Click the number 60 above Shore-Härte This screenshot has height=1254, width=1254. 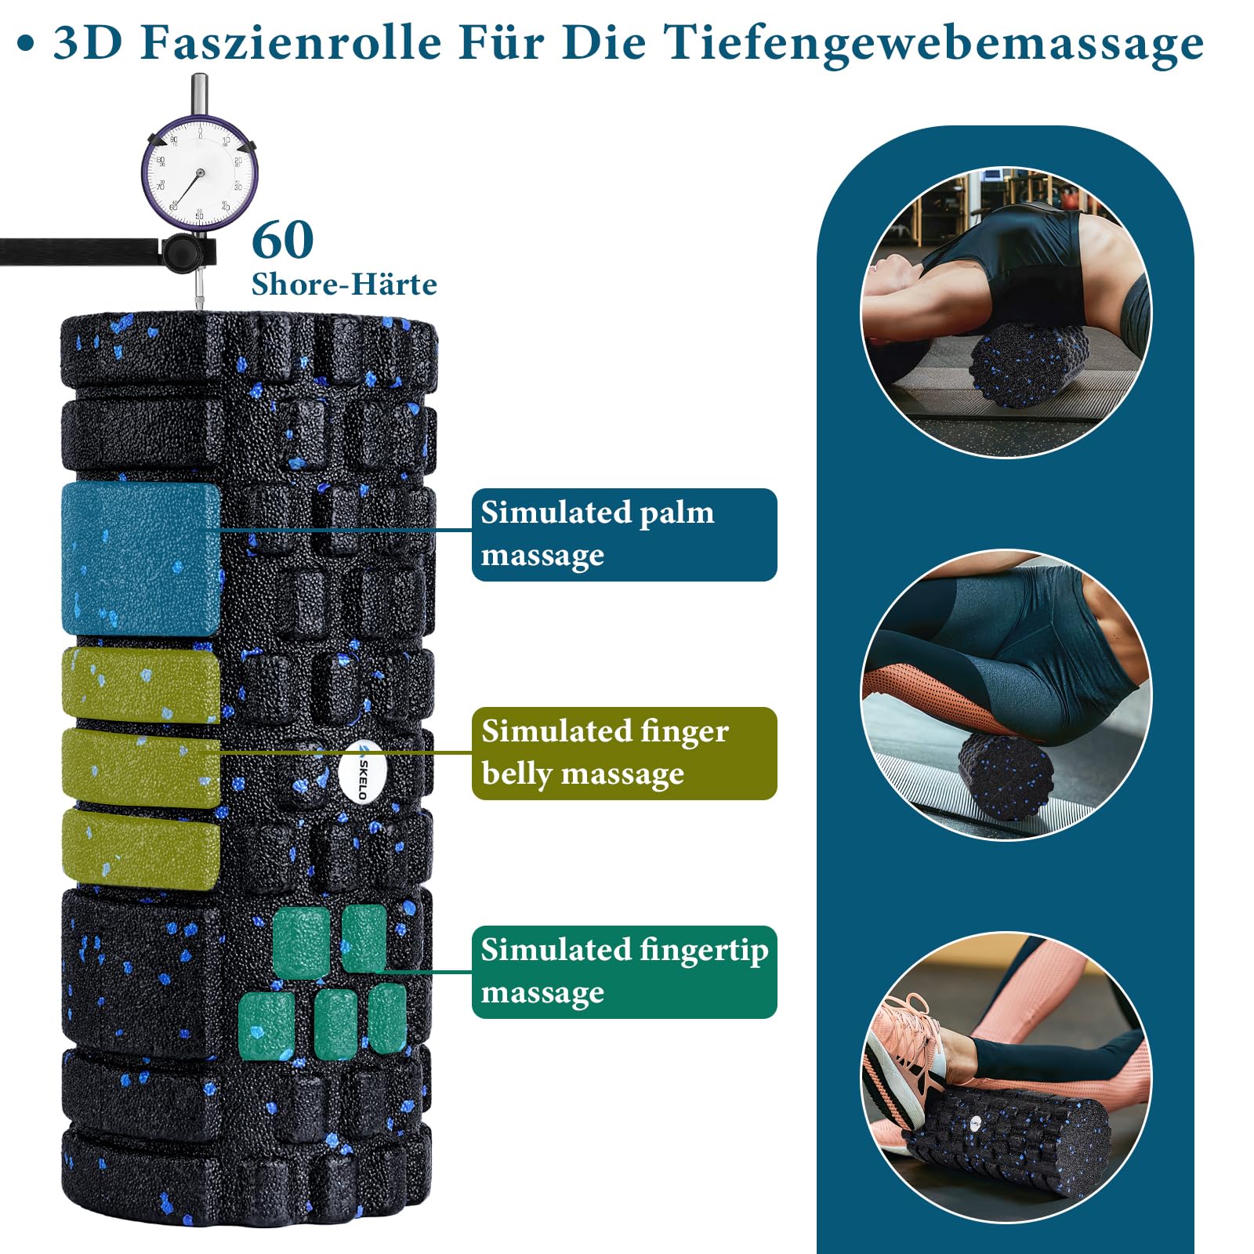[283, 240]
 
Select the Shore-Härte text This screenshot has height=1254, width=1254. [344, 284]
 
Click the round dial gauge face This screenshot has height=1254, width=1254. [199, 172]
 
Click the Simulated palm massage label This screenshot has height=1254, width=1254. [624, 535]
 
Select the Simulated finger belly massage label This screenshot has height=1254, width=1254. [624, 753]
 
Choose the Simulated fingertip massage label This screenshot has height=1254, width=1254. [624, 972]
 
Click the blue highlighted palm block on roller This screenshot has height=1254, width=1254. [141, 559]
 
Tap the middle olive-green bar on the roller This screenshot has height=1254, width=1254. [141, 768]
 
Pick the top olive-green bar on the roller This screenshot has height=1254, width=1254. [141, 684]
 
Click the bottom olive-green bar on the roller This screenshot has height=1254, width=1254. [141, 850]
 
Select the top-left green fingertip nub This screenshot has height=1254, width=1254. [301, 943]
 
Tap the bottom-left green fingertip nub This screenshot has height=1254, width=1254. [266, 1026]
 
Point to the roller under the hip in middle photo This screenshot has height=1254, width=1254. [1004, 776]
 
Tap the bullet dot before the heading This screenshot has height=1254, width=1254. [26, 44]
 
